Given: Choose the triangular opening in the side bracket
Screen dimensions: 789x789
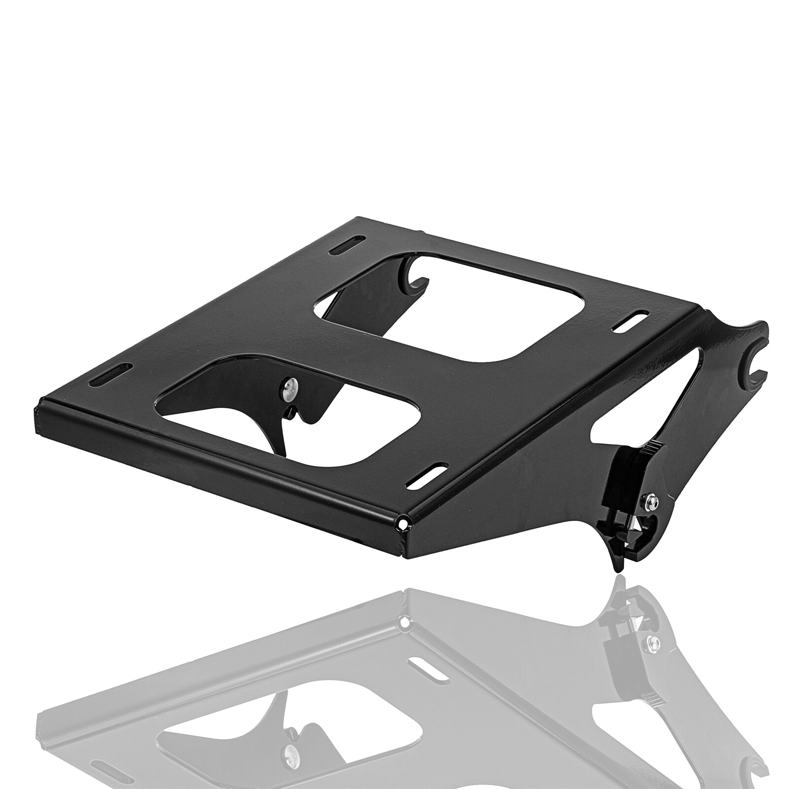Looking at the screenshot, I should [x=641, y=390].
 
